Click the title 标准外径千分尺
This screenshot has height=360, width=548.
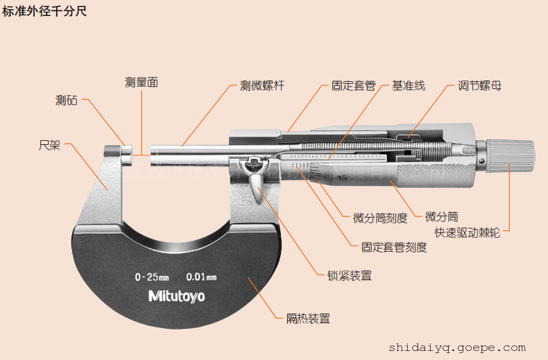(x=44, y=12)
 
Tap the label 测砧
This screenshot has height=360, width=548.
(x=67, y=100)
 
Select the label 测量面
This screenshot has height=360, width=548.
(x=142, y=82)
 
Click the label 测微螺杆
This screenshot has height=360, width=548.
(x=262, y=86)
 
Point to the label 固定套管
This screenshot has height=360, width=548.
(x=353, y=86)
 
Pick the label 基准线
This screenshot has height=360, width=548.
(x=409, y=86)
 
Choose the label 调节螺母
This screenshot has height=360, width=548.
(x=479, y=86)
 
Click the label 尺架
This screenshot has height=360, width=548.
(x=50, y=146)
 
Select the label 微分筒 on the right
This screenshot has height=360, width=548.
(x=441, y=217)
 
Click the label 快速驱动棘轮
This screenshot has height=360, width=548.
(x=467, y=233)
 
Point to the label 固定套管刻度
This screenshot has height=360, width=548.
(x=394, y=247)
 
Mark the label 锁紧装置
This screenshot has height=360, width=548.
(x=350, y=275)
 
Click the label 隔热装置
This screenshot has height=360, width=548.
(x=309, y=319)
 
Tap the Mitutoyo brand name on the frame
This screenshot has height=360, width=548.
(x=177, y=296)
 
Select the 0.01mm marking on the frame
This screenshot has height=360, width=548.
(x=201, y=277)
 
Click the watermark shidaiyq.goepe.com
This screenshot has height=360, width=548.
(x=457, y=348)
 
